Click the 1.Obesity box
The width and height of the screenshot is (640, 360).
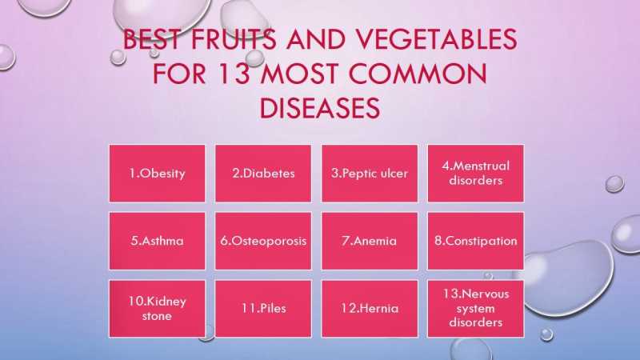(x=157, y=173)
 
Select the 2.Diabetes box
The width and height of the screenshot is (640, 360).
(x=263, y=173)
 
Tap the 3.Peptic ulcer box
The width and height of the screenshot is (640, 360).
(x=370, y=173)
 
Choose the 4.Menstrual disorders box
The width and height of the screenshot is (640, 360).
(x=476, y=173)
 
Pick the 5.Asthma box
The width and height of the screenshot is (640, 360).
(x=157, y=241)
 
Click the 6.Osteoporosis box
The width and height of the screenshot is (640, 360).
(x=263, y=241)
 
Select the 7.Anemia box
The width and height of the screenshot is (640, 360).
(x=370, y=241)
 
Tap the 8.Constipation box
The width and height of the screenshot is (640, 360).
(x=476, y=241)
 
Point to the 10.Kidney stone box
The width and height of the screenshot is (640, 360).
(x=157, y=308)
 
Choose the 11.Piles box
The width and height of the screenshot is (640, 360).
(x=263, y=308)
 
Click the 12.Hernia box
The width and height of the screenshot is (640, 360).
(x=370, y=308)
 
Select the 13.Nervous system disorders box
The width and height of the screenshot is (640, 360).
(x=476, y=308)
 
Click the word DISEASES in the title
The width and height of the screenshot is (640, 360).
(x=320, y=107)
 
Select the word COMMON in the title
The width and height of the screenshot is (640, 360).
(x=421, y=74)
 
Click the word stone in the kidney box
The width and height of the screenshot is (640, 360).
(x=157, y=316)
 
